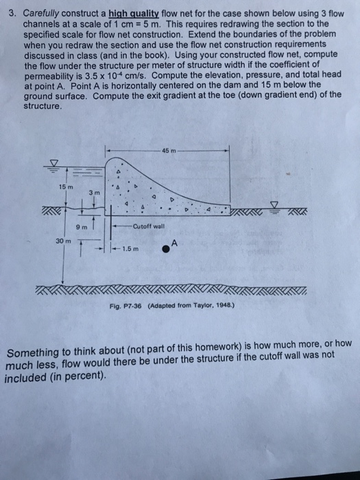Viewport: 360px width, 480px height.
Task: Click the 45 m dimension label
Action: [x=169, y=150]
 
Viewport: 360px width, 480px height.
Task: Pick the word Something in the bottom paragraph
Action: [x=33, y=355]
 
